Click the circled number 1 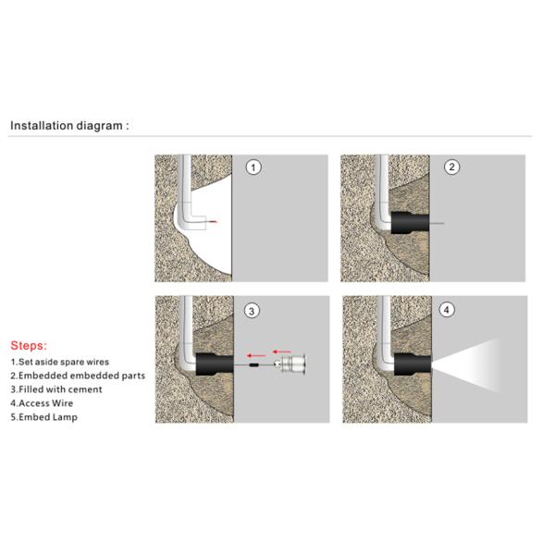tap(253, 168)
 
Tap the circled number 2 tap(451, 167)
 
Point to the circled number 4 tap(448, 310)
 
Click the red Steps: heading tap(29, 345)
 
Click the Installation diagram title tap(69, 125)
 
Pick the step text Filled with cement tap(56, 389)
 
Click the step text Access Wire tap(44, 403)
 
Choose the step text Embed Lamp tap(44, 417)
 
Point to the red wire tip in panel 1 tap(215, 224)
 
